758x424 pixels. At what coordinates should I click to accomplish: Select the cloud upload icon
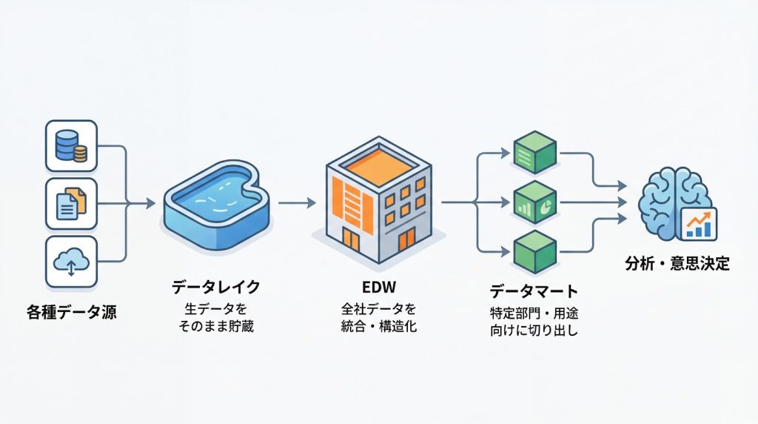[x=71, y=261]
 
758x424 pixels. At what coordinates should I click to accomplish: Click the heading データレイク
[x=216, y=285]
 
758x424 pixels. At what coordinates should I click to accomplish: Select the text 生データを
[x=216, y=308]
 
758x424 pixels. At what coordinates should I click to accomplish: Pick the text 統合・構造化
[x=379, y=326]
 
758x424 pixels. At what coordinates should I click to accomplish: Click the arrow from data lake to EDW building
[x=297, y=201]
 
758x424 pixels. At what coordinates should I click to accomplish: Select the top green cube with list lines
[x=534, y=153]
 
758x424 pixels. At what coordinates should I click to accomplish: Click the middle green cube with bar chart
[x=534, y=200]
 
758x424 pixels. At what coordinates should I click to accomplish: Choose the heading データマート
[x=534, y=291]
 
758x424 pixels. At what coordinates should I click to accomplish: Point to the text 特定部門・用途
[x=534, y=312]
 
